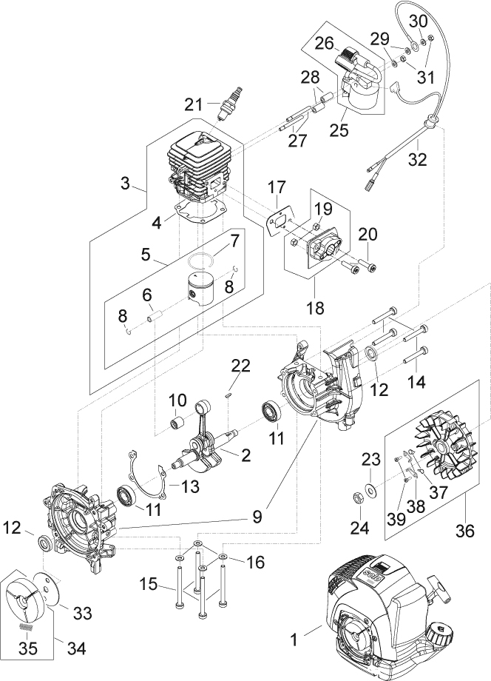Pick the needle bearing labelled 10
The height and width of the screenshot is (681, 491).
[178, 426]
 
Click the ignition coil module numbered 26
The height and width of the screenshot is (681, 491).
[353, 56]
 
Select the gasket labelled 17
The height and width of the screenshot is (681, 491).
[277, 221]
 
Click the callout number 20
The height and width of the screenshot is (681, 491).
[368, 235]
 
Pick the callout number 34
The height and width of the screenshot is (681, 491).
[76, 649]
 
